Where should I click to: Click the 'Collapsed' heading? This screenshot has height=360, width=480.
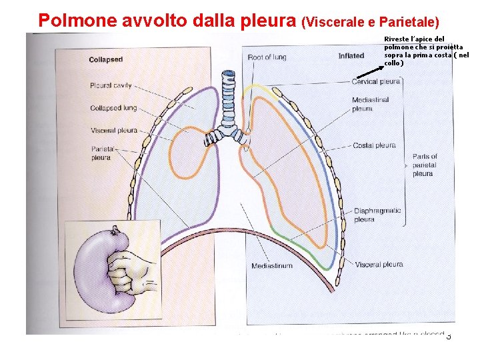(107, 60)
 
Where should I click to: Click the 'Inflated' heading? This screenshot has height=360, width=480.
(351, 56)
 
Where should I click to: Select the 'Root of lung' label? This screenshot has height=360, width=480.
(267, 57)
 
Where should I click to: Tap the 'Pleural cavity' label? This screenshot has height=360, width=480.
(111, 85)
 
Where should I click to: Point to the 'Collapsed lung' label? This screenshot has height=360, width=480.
(113, 108)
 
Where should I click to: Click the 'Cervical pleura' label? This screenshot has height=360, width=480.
(376, 81)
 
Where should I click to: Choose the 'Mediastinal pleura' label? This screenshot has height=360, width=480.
(371, 104)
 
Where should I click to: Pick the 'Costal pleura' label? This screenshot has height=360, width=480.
(374, 145)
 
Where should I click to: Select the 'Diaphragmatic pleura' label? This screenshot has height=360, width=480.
(377, 215)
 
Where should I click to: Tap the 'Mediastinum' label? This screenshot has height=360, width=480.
(271, 266)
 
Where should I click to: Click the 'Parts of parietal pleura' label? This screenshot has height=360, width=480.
(424, 165)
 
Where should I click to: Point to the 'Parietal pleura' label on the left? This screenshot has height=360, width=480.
(101, 153)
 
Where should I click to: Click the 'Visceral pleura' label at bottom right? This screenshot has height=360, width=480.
(379, 265)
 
